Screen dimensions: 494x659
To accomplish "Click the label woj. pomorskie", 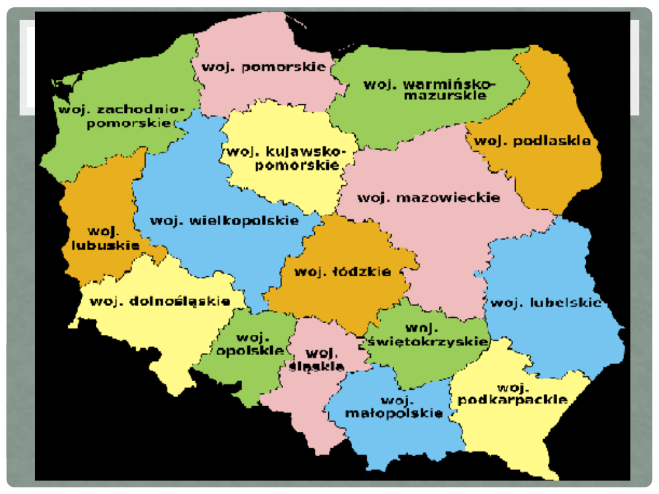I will point(264,67).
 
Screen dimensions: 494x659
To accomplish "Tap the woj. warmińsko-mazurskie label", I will point(430,90).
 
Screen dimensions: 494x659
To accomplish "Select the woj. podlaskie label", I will point(533,141).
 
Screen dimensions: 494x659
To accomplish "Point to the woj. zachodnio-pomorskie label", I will point(120,116).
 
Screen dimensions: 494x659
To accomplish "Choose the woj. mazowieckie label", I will point(428,198).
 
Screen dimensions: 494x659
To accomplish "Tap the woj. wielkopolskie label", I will point(225,221).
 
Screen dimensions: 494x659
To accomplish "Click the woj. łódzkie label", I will point(342,272).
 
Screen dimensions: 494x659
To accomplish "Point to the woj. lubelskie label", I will point(546,302).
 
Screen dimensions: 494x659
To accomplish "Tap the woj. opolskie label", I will point(250,345).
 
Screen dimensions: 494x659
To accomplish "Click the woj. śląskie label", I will point(318,359).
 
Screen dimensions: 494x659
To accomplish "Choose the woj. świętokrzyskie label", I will point(427,335).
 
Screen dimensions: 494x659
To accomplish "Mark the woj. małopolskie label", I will point(394,407).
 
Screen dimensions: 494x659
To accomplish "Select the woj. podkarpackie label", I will point(513,394).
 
